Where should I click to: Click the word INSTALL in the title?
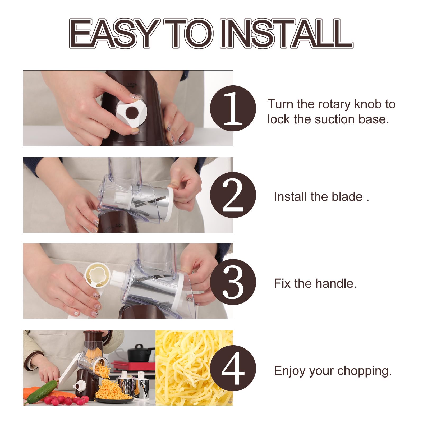(287, 33)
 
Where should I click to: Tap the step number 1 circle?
(233, 108)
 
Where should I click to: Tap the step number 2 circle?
(233, 195)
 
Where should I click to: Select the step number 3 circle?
(233, 282)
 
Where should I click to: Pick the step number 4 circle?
(233, 368)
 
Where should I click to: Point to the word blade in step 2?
(347, 197)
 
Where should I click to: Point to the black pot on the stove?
(139, 353)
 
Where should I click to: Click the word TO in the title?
(188, 33)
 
